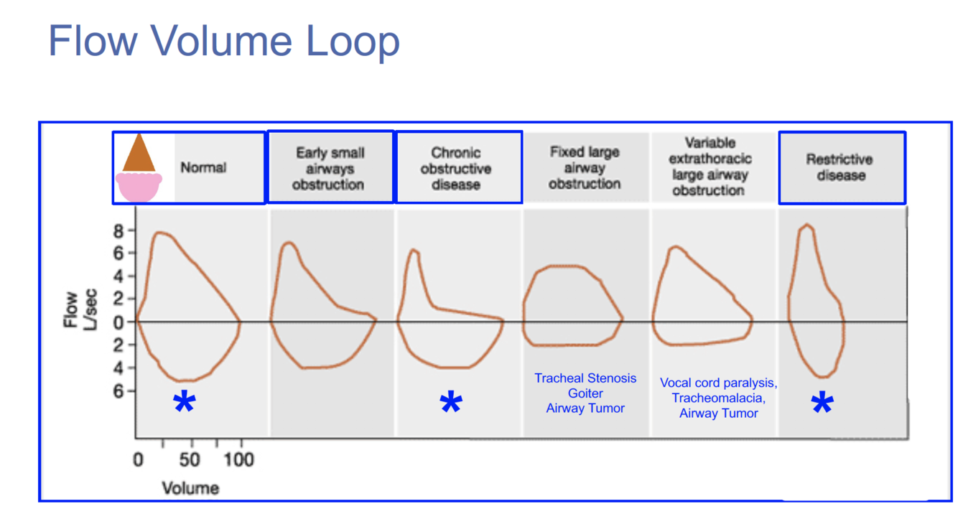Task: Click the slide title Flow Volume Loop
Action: point(223,41)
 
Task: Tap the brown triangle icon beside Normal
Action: point(139,154)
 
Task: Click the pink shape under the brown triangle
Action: point(139,186)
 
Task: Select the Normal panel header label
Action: point(203,168)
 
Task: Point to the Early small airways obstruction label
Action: point(330,169)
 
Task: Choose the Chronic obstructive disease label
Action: point(456,169)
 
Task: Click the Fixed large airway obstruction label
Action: point(585,168)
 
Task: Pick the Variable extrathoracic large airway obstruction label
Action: point(708,167)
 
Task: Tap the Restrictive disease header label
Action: point(840,167)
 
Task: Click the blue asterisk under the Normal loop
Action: point(184,403)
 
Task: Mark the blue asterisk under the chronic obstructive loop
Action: point(450,403)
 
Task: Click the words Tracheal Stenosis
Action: point(585,378)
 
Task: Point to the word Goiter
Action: point(585,393)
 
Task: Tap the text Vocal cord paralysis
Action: point(717,383)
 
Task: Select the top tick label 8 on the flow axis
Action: point(120,230)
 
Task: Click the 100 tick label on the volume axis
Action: point(240,459)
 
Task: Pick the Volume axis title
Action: point(190,489)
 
